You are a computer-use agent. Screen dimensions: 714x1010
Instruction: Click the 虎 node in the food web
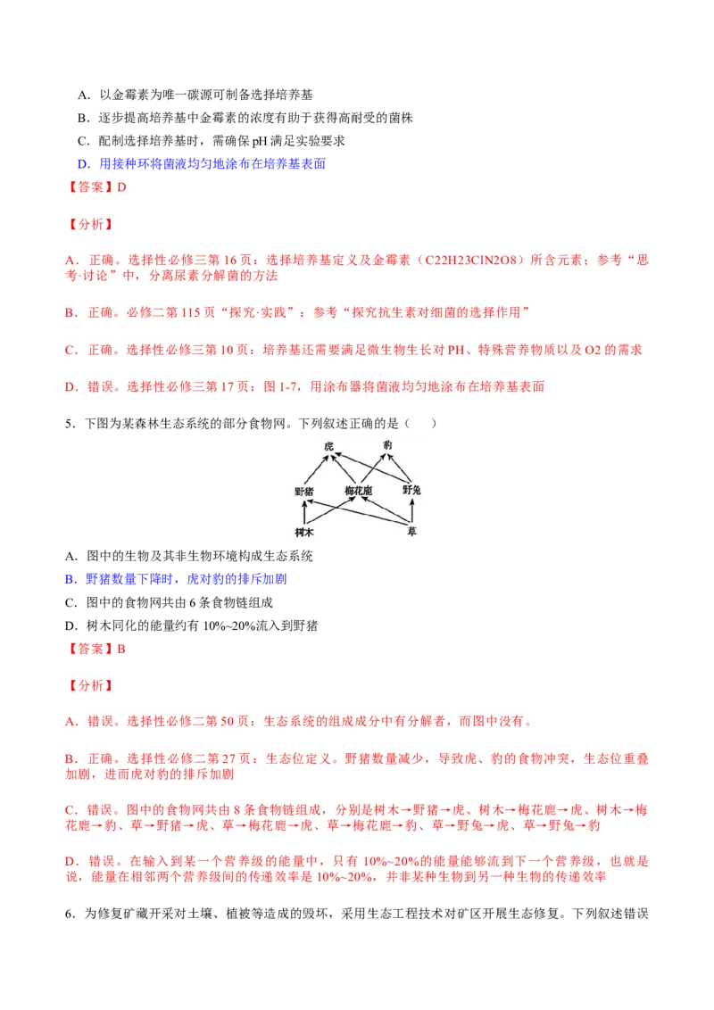(328, 446)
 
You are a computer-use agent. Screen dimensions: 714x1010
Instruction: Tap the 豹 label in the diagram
(387, 445)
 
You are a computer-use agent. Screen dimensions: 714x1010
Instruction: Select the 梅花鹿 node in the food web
(358, 491)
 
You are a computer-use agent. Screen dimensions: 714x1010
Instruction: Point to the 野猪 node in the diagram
(304, 492)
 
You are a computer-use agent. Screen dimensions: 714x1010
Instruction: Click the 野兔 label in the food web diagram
(411, 490)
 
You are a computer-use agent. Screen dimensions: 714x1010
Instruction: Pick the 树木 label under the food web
(304, 532)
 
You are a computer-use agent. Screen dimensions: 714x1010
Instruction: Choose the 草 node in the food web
(411, 531)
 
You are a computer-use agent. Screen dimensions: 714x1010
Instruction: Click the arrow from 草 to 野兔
(411, 510)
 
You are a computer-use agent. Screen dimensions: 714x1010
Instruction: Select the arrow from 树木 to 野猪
(304, 513)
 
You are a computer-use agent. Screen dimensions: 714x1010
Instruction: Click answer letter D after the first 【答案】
(121, 186)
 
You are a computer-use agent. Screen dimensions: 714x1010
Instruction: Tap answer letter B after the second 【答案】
(121, 649)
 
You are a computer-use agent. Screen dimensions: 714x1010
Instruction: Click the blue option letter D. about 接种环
(84, 163)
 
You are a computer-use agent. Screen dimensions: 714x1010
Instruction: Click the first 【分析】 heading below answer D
(91, 224)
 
